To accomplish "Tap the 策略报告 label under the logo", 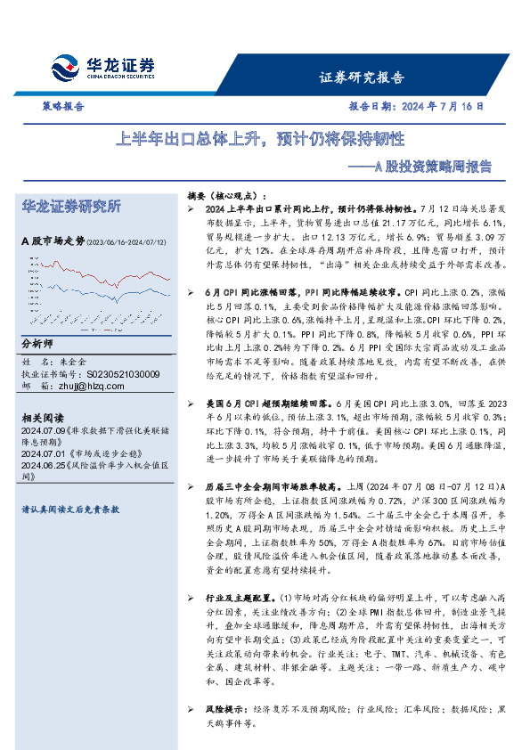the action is coord(63,106).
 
